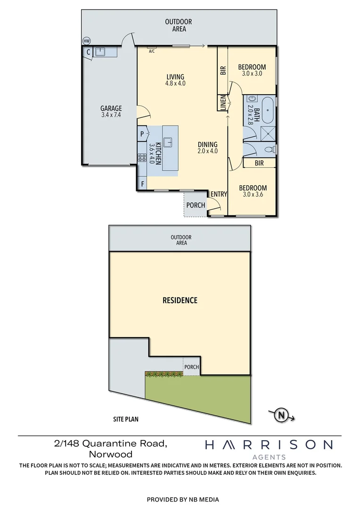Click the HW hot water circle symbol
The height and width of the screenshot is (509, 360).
(x=86, y=41)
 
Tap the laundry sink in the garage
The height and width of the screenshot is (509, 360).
(x=101, y=51)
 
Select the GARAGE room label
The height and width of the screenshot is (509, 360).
(x=111, y=111)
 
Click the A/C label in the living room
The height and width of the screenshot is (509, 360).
(x=152, y=51)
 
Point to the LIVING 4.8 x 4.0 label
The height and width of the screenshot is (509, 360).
(x=175, y=80)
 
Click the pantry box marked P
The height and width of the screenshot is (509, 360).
(x=142, y=134)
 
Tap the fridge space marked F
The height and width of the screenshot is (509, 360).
(x=142, y=184)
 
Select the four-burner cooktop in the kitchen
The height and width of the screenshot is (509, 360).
(x=142, y=158)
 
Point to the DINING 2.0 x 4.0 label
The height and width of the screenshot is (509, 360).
(x=207, y=148)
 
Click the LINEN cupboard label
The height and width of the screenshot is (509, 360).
(x=223, y=103)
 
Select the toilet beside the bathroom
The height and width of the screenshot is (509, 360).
(x=270, y=150)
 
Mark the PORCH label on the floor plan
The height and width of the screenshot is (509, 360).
(x=196, y=205)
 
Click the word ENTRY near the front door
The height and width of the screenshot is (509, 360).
(x=219, y=194)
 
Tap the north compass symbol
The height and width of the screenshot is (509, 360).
(x=282, y=415)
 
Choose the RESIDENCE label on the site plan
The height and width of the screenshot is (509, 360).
(x=180, y=300)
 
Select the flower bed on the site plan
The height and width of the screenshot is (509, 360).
(x=164, y=374)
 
